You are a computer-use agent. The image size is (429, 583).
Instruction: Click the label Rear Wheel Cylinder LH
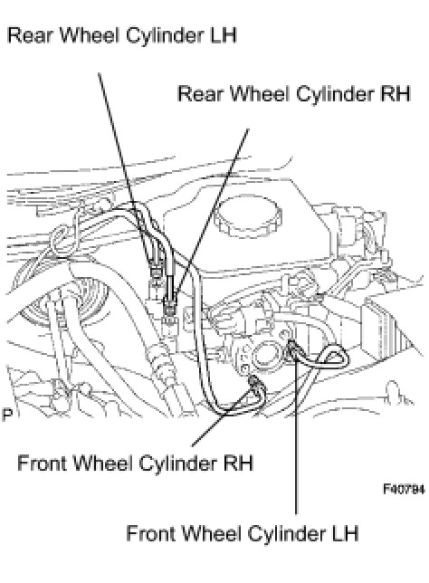(x=122, y=35)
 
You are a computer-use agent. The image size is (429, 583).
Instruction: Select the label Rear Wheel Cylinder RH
(x=294, y=93)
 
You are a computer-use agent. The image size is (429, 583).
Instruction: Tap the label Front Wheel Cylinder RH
(x=136, y=464)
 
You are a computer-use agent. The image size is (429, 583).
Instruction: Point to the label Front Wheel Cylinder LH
(x=243, y=533)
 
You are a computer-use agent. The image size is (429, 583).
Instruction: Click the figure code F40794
(x=404, y=489)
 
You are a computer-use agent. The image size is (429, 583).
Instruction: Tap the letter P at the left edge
(x=7, y=415)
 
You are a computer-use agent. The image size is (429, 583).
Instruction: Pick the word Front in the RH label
(x=43, y=464)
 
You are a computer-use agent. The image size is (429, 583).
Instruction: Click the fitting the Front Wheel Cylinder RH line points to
(x=255, y=382)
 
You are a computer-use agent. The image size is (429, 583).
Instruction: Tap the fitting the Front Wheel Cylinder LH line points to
(x=292, y=348)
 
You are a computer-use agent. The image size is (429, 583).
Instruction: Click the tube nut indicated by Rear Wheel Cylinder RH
(x=171, y=308)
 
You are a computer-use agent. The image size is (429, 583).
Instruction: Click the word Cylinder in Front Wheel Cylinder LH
(x=286, y=533)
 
